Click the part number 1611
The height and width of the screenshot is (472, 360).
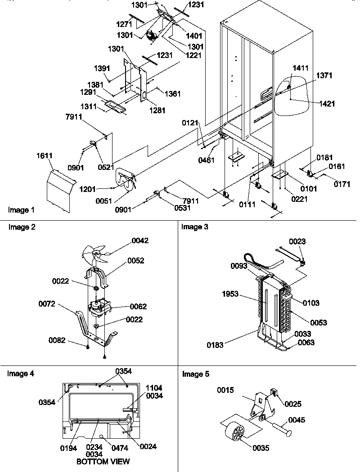(x=45, y=156)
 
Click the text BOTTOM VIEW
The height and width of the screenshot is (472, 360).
(x=103, y=462)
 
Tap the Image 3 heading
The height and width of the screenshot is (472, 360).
(x=194, y=227)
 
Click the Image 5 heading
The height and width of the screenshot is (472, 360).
(x=196, y=374)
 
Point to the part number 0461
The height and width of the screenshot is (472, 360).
(x=207, y=160)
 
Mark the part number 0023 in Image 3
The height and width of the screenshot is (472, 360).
(x=297, y=241)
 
